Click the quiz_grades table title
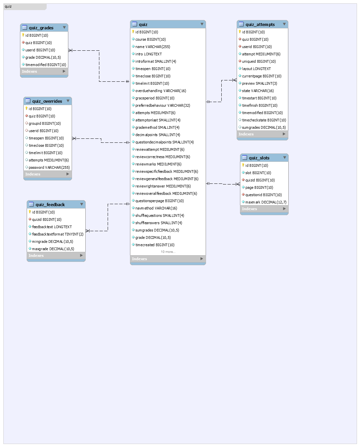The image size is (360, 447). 41,28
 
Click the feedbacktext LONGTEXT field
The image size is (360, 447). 52,227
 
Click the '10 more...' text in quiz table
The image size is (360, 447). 168,252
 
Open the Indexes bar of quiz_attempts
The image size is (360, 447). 262,134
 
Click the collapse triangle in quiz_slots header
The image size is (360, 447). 284,158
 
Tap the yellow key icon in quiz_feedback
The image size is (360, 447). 30,212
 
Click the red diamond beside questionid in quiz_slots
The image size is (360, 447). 243,194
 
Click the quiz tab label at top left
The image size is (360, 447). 8,6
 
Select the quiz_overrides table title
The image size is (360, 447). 47,101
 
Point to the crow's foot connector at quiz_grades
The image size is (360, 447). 70,50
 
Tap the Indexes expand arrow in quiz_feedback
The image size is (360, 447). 81,255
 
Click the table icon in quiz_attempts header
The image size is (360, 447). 241,24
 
